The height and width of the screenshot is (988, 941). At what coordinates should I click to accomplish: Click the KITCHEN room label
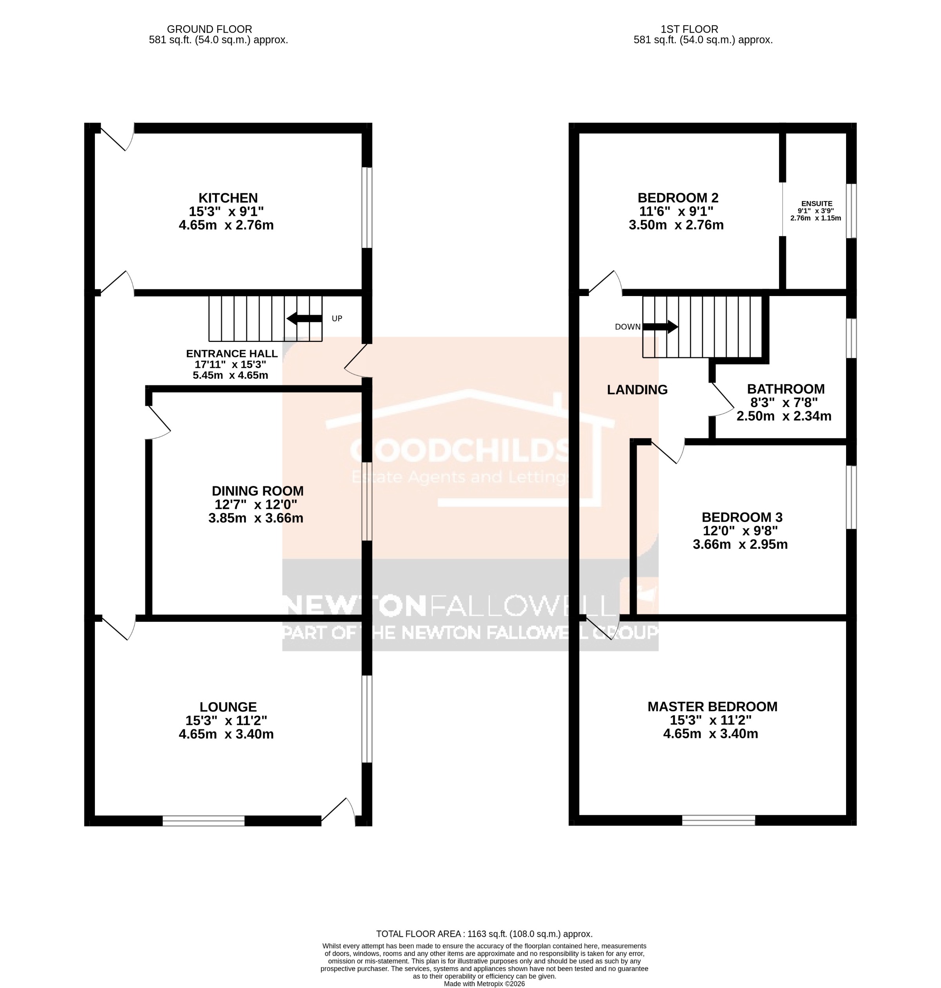coord(228,198)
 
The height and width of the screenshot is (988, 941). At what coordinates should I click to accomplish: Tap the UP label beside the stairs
coord(337,319)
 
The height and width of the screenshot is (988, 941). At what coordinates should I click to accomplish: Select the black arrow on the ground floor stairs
coord(304,318)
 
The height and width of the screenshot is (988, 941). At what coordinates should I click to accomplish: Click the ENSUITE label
coord(817,203)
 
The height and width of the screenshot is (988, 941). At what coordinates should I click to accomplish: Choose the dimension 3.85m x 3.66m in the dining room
coord(256,518)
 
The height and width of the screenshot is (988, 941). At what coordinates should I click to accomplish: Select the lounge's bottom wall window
coord(204,821)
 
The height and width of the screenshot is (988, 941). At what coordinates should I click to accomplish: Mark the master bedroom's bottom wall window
coord(718,820)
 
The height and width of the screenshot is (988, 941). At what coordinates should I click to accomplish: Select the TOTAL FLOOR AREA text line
coord(484,934)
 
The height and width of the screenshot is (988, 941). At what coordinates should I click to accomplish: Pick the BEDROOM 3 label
coord(742,517)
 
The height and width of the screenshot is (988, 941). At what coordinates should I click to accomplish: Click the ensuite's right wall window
coord(851,211)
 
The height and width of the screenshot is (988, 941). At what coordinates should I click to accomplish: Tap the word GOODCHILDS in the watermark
coord(459,450)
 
